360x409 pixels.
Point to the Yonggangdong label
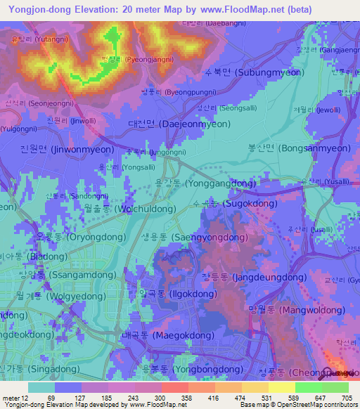pos(214,183)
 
